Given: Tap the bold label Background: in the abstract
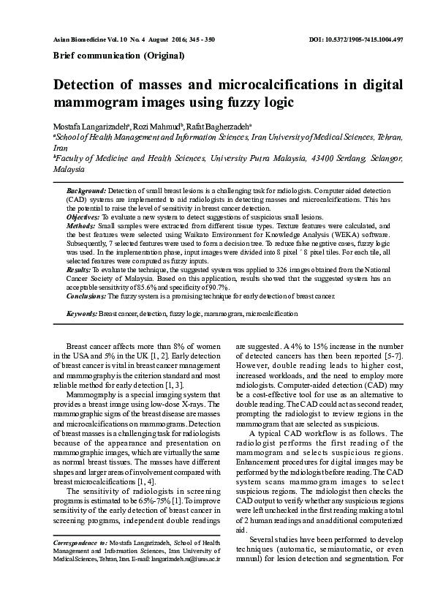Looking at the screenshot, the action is (x=86, y=190).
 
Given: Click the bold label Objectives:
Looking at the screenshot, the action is (x=83, y=217).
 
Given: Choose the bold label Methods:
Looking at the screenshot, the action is (x=80, y=227).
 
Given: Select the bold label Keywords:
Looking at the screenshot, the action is (x=82, y=313).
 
